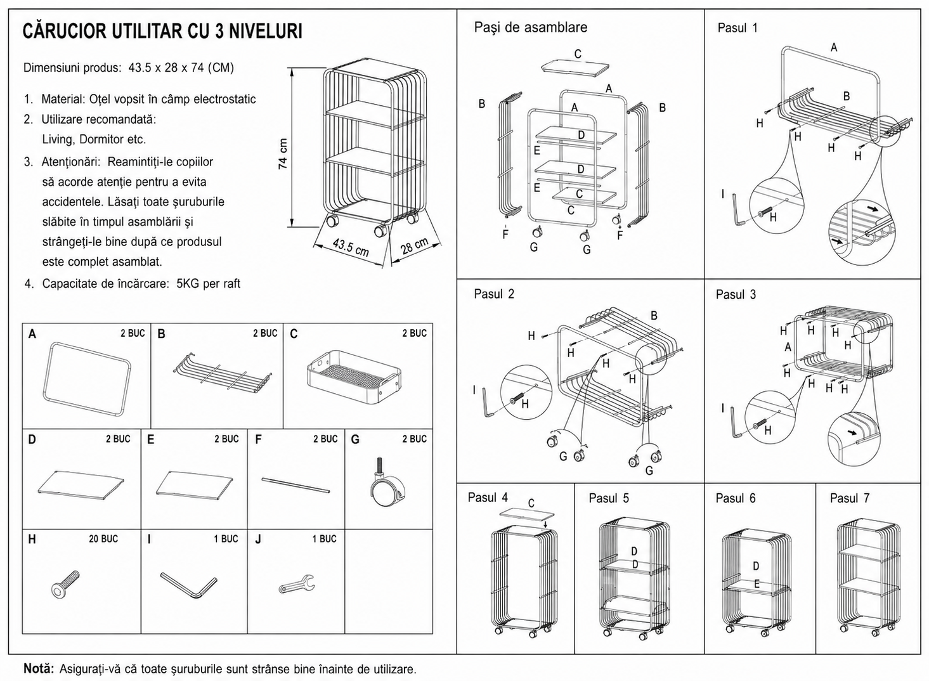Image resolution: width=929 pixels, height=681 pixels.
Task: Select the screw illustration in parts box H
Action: click(x=65, y=584)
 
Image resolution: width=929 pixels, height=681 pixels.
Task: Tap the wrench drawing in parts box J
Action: click(x=297, y=583)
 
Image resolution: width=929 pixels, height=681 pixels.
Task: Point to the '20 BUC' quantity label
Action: click(x=103, y=539)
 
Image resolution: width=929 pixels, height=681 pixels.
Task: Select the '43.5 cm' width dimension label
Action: click(x=351, y=247)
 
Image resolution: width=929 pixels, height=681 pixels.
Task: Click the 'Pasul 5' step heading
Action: click(x=608, y=498)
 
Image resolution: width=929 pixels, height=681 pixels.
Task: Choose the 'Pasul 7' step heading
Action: click(x=849, y=498)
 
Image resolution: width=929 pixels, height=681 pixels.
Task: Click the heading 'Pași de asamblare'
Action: click(x=530, y=27)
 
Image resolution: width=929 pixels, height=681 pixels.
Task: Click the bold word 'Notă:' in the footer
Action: click(x=39, y=668)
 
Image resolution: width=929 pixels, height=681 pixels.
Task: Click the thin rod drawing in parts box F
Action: click(x=296, y=485)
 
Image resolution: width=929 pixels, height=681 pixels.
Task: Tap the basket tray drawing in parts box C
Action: click(x=354, y=377)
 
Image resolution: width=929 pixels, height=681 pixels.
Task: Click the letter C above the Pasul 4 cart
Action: click(x=531, y=503)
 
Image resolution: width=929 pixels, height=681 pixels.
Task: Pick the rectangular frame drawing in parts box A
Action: click(x=86, y=379)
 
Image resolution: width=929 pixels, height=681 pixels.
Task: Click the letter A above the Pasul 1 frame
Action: click(x=834, y=48)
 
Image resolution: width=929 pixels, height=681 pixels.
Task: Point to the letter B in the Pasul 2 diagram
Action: click(x=654, y=316)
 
